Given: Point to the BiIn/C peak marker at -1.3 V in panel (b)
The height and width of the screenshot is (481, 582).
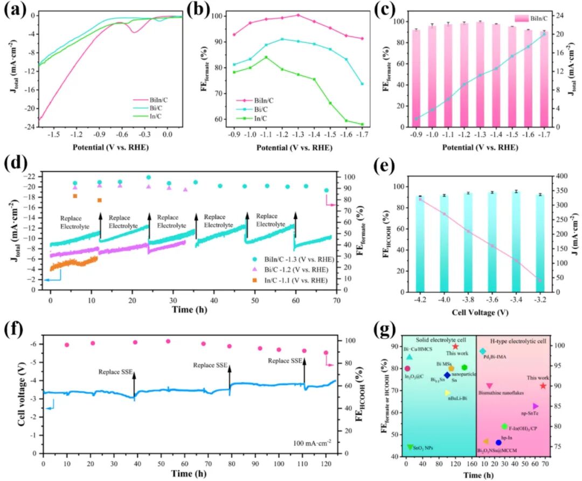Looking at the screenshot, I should tap(298, 15).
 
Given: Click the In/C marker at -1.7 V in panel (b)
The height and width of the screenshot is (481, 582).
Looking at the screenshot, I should tap(362, 124).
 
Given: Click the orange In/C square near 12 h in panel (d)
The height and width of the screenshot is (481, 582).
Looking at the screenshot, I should tap(99, 200).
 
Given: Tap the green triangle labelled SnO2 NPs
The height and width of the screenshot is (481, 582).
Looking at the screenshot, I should tap(411, 447).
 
